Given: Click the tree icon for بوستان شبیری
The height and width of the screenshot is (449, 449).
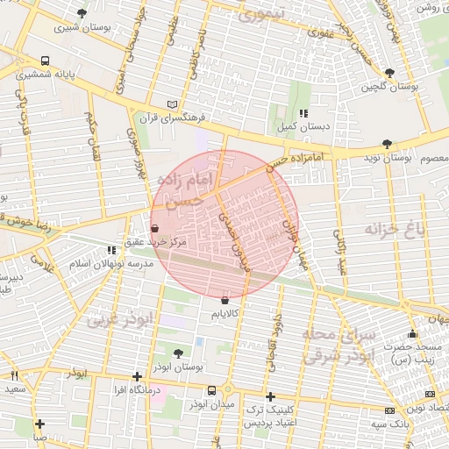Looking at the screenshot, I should [x=82, y=14].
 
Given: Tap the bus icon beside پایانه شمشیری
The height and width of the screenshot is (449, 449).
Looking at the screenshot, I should [x=45, y=62].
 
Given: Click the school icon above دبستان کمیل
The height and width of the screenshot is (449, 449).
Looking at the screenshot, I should [x=303, y=114].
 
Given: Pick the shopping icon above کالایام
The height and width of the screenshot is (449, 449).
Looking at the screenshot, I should [x=227, y=300].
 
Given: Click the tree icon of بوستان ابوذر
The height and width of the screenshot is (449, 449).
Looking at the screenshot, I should [x=179, y=353].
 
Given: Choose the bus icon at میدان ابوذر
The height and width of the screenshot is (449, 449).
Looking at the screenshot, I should [x=211, y=391].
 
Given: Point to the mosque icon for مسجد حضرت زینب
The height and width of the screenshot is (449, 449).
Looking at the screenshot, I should [x=412, y=333].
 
